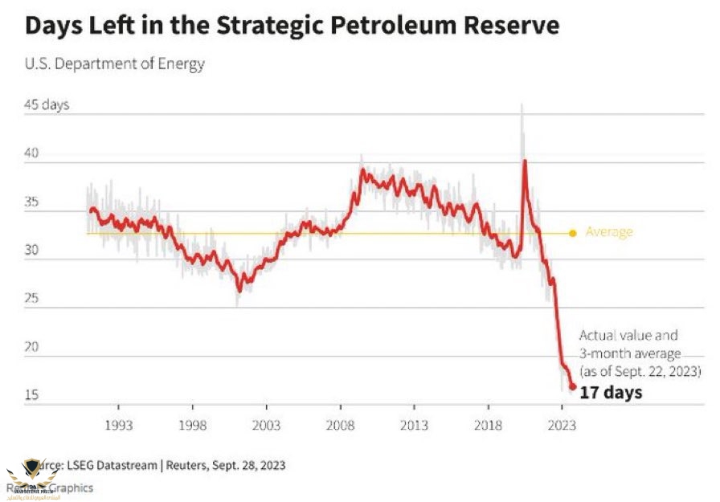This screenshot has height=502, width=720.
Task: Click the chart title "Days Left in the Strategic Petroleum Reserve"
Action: click(x=291, y=26)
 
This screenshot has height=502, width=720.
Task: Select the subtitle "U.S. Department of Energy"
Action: click(x=115, y=64)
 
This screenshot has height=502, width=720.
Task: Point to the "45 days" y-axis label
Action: click(x=47, y=106)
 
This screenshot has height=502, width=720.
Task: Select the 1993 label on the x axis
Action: click(x=118, y=425)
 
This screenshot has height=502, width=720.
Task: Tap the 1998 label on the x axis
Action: click(x=192, y=425)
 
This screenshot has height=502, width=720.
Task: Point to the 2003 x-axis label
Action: click(x=266, y=425)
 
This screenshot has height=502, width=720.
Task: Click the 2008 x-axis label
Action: click(x=341, y=425)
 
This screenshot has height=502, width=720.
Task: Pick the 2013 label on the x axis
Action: click(x=415, y=425)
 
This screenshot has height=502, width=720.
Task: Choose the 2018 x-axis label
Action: click(x=489, y=425)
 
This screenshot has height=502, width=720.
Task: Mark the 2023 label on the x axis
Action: click(x=562, y=425)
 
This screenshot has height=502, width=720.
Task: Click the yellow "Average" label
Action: click(x=609, y=232)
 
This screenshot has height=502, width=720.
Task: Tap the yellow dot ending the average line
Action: click(x=573, y=234)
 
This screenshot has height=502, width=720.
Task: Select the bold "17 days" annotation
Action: click(x=611, y=393)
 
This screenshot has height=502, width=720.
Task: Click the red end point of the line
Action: click(x=573, y=387)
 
